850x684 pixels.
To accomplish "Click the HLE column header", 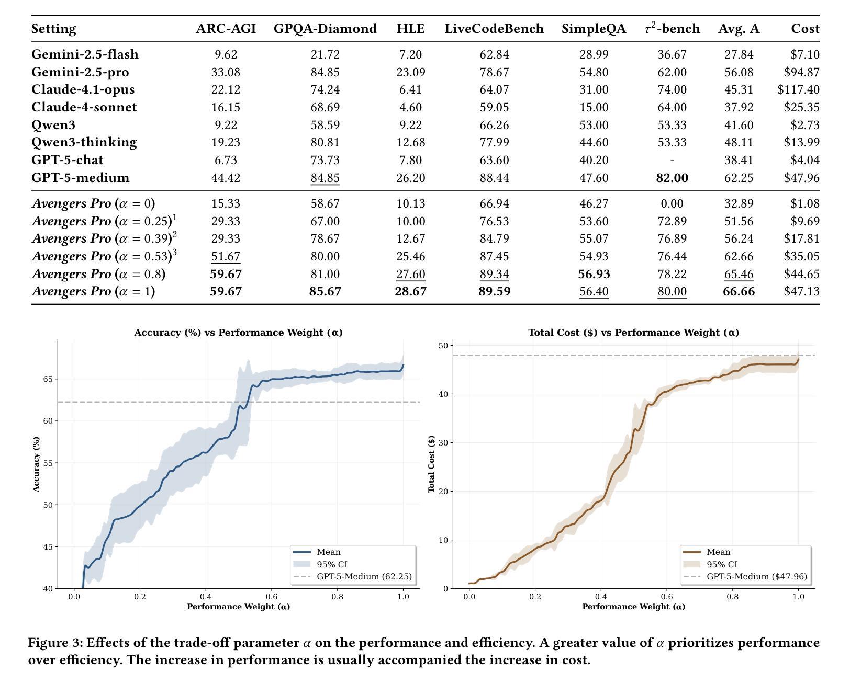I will coord(410,29).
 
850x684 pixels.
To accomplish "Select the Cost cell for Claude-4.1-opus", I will coord(798,90).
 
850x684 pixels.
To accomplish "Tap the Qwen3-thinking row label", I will coord(84,142).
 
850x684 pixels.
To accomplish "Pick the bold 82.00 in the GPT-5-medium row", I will coord(672,178).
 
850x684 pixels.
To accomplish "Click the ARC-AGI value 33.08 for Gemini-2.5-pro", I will coord(226,72).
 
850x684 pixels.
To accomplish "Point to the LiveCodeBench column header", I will coord(494,29).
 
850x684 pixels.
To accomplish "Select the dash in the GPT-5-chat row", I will coord(672,160).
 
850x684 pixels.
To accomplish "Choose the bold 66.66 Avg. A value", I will coord(739,291).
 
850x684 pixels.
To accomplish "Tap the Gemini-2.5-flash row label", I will coord(85,54).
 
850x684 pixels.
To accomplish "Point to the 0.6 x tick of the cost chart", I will coord(666,597).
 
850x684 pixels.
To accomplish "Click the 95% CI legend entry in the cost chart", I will coord(722,565).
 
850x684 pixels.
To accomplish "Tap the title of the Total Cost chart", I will coord(633,333).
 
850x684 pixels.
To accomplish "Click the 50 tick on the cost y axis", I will coord(443,346).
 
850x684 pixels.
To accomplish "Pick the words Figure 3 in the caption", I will coord(55,643).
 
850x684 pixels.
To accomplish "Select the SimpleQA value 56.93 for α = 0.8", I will coord(594,274).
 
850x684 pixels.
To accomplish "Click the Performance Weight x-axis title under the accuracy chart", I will coord(238,607).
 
